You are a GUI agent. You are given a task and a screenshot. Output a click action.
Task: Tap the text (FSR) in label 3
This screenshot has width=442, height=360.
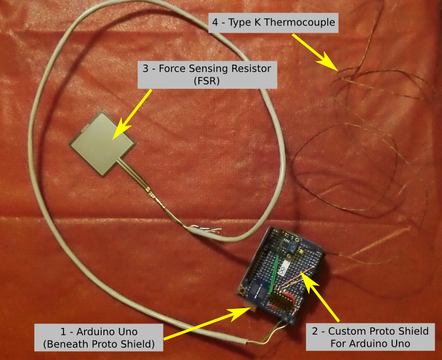207,81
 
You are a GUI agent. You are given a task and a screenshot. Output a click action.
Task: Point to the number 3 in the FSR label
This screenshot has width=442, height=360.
145,69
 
